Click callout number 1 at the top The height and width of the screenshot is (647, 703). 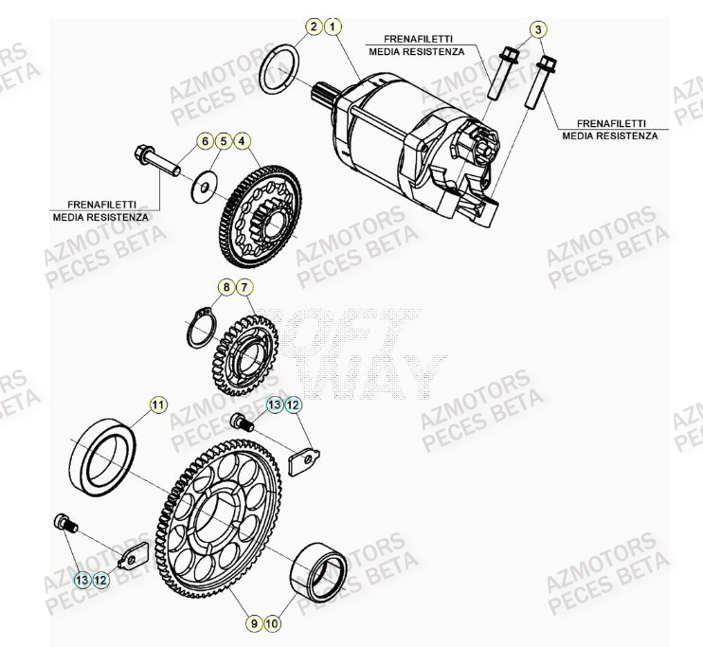332,27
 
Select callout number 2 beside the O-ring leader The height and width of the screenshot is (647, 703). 314,27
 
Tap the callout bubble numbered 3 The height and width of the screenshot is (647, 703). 538,30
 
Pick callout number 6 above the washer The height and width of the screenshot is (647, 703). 204,141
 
